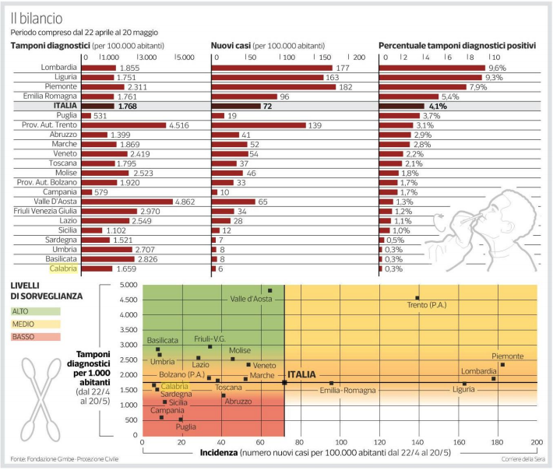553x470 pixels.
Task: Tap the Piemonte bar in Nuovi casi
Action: coord(274,86)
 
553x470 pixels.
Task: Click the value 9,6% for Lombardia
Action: coord(496,68)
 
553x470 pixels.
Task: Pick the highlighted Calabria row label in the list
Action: coord(62,268)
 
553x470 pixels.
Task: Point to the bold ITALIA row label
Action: coord(64,106)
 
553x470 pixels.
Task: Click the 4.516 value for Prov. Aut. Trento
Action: coord(180,125)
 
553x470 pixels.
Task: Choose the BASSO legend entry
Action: coord(23,336)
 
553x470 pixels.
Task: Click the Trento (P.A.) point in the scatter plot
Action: coord(417,297)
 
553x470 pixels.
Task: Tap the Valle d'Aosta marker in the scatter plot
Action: coord(270,290)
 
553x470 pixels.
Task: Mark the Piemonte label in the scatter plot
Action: coord(507,356)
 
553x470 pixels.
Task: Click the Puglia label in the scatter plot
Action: coord(185,426)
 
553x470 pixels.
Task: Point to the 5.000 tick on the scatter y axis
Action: coord(128,285)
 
